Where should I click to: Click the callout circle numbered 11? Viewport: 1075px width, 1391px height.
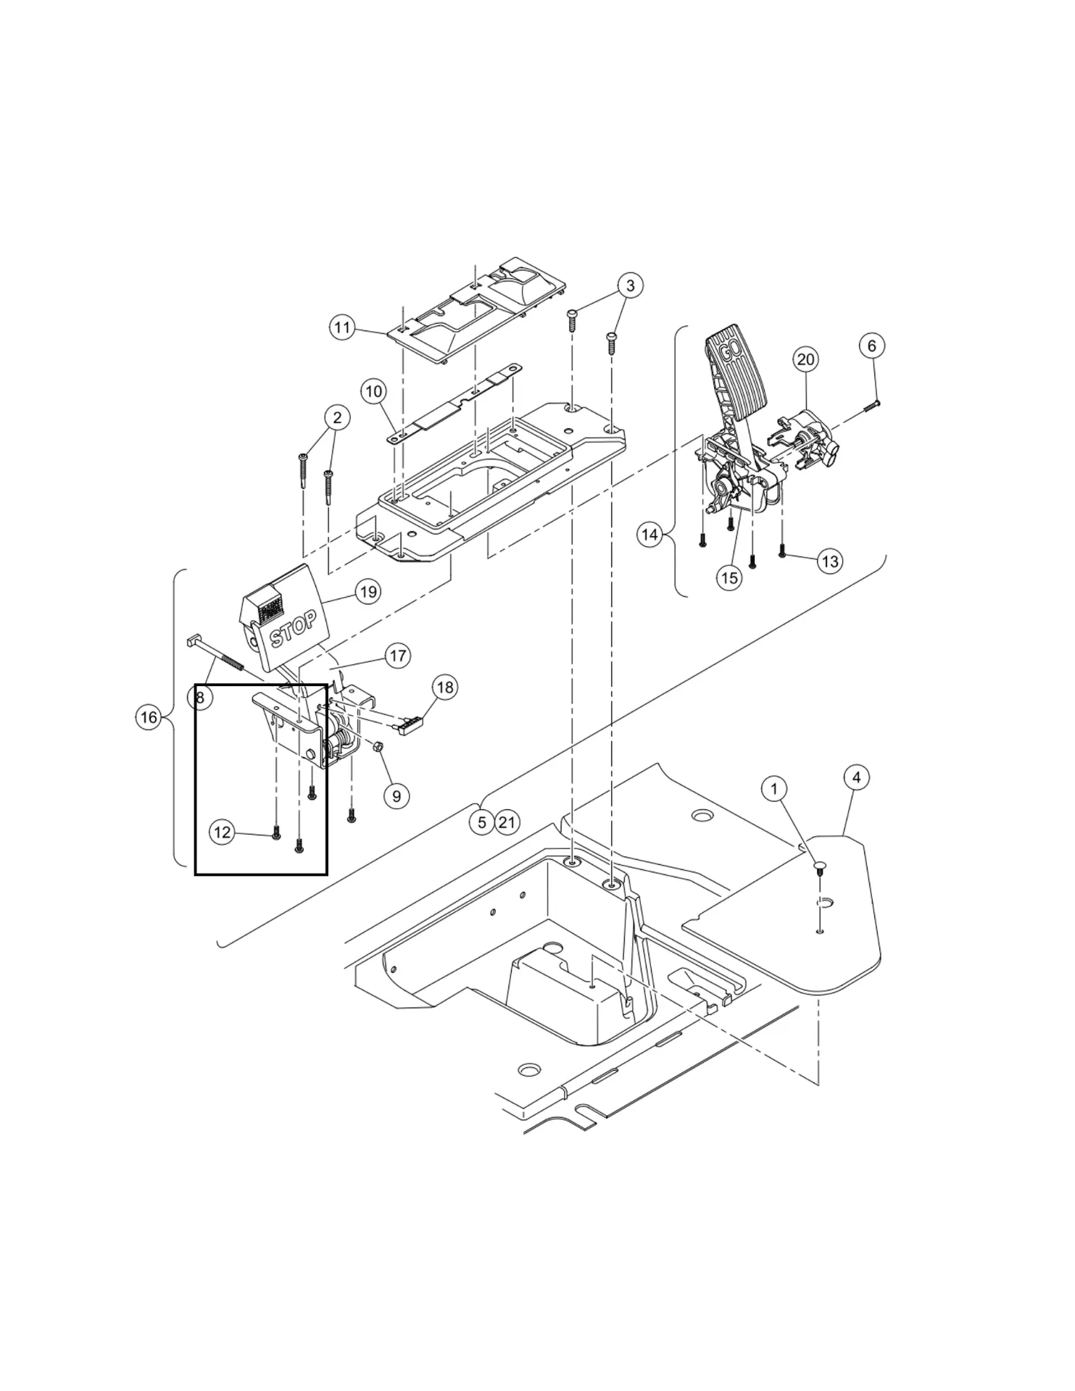pos(342,327)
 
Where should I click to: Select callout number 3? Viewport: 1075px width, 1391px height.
pos(630,285)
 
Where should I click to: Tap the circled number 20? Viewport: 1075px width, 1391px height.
pos(806,359)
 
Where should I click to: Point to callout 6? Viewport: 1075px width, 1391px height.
pos(871,346)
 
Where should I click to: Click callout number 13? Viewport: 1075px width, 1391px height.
pos(830,561)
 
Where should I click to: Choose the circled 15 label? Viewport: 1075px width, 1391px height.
pos(729,577)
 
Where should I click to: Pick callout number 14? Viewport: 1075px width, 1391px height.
pos(650,535)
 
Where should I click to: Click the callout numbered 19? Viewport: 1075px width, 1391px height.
pos(369,592)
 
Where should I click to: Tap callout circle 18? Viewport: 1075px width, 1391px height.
pos(445,687)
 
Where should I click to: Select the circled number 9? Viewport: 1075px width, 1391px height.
pos(397,796)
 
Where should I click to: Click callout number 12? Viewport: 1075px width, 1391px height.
pos(222,832)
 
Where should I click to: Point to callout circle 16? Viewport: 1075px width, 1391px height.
pos(148,717)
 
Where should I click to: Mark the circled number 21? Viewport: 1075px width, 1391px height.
pos(507,822)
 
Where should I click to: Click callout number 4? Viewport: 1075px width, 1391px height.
pos(857,777)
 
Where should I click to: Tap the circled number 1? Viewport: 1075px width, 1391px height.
pos(775,788)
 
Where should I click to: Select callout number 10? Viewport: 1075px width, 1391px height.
pos(374,392)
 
